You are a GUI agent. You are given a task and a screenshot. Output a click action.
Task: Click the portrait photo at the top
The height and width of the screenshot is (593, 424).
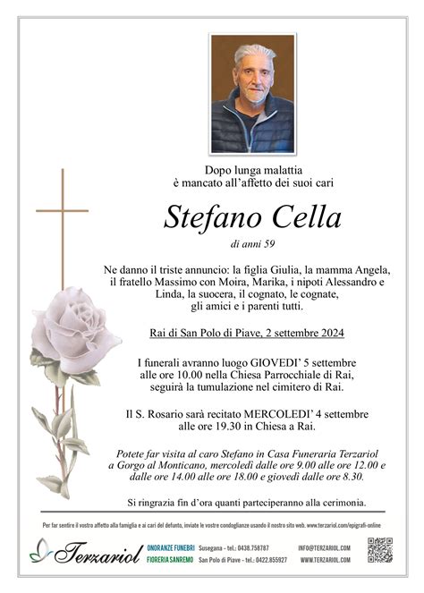[x=251, y=94]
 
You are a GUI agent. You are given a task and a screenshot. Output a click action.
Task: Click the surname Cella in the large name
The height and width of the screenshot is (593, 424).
[x=302, y=217]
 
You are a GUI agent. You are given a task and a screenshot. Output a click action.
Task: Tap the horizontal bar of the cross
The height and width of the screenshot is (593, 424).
[x=63, y=211]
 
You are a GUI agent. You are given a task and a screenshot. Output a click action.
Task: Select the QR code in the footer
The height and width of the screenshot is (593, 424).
[x=380, y=550]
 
